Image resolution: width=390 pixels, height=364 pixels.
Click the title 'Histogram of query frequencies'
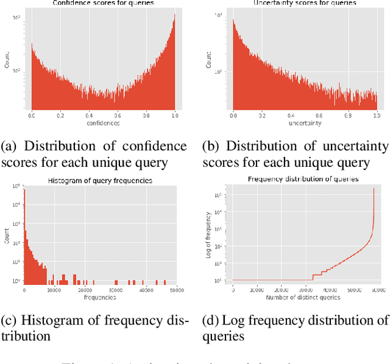[100, 181]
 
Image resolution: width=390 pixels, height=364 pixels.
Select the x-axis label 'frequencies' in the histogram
[99, 297]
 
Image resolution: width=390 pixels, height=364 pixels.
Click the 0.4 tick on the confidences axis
[88, 114]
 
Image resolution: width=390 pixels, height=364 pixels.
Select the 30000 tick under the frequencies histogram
[115, 290]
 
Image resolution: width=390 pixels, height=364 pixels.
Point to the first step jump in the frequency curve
[312, 275]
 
